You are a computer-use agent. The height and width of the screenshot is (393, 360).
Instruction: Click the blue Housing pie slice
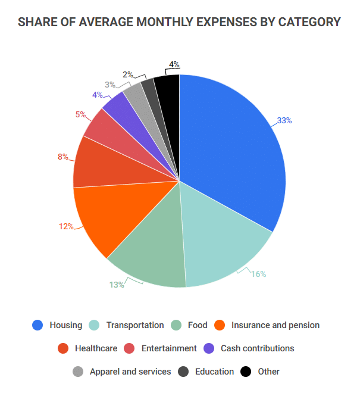coord(232,149)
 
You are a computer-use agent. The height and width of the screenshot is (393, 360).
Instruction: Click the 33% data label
coord(284,120)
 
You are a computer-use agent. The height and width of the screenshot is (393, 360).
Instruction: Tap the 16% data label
coord(258,274)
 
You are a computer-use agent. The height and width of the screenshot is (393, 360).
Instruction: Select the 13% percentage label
coord(116,285)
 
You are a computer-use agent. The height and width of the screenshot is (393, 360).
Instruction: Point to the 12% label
coord(65,226)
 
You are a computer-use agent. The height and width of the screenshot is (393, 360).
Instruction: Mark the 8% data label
coord(62,157)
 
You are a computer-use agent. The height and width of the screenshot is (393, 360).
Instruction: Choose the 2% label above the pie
coord(128,74)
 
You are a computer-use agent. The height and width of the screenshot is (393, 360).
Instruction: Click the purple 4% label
coord(97,95)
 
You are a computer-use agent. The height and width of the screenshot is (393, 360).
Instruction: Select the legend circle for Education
coord(183,372)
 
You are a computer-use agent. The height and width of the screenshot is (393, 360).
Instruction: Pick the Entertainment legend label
coord(169,348)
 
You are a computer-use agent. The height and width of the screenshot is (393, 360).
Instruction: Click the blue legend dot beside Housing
coord(38,325)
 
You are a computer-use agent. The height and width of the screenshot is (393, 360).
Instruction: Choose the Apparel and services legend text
coord(130,372)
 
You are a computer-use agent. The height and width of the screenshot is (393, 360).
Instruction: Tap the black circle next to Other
coord(246,372)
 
